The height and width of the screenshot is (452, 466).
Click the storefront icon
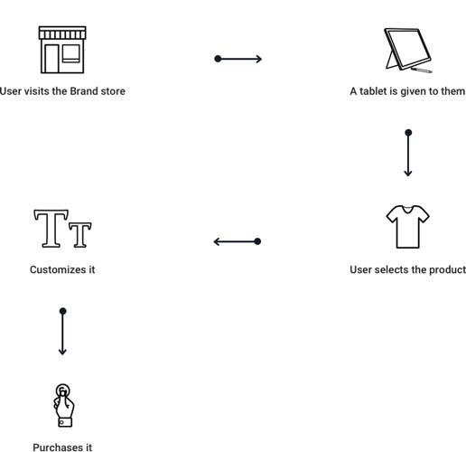[62, 50]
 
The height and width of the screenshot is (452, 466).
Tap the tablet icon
[408, 51]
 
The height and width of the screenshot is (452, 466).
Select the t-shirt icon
[407, 227]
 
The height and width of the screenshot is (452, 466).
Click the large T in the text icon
[51, 229]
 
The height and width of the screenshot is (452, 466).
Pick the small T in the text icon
[80, 235]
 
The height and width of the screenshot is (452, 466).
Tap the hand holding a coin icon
[63, 405]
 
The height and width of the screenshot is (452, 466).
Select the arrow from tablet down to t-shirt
[408, 153]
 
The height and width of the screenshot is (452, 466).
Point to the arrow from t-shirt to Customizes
[238, 241]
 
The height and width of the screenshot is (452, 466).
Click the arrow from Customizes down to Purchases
[62, 331]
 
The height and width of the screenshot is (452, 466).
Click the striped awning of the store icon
[62, 33]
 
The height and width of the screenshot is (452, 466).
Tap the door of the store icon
[51, 59]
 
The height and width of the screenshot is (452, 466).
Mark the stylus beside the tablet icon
[421, 71]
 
